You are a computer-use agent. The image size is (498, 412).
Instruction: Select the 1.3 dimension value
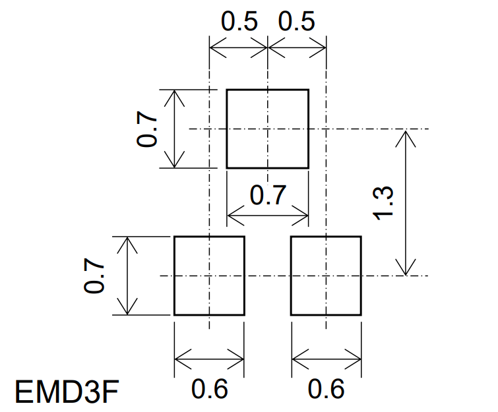pyautogui.click(x=385, y=202)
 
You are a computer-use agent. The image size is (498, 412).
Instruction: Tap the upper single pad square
pyautogui.click(x=268, y=129)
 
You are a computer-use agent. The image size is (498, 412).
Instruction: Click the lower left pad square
pyautogui.click(x=209, y=276)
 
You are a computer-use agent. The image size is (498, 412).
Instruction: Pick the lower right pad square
pyautogui.click(x=326, y=276)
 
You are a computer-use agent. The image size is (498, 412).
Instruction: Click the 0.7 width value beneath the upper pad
pyautogui.click(x=268, y=196)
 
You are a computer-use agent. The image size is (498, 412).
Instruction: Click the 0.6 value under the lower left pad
pyautogui.click(x=209, y=390)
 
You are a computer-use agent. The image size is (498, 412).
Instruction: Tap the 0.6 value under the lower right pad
pyautogui.click(x=326, y=390)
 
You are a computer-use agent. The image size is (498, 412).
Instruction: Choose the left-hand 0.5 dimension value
pyautogui.click(x=238, y=22)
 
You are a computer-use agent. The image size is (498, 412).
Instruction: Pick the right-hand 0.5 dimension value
pyautogui.click(x=297, y=22)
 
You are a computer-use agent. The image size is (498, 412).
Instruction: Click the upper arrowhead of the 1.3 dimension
pyautogui.click(x=406, y=132)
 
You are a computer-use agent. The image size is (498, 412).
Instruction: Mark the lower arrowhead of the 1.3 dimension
pyautogui.click(x=406, y=272)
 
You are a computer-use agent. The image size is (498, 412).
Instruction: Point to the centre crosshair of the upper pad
pyautogui.click(x=268, y=129)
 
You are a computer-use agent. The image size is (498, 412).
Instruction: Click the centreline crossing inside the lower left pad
pyautogui.click(x=209, y=276)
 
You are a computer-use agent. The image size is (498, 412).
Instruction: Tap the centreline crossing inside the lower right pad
pyautogui.click(x=326, y=276)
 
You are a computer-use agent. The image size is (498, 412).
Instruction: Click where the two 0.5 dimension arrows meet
pyautogui.click(x=268, y=47)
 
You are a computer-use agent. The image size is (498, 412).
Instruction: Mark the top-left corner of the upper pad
pyautogui.click(x=227, y=90)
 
